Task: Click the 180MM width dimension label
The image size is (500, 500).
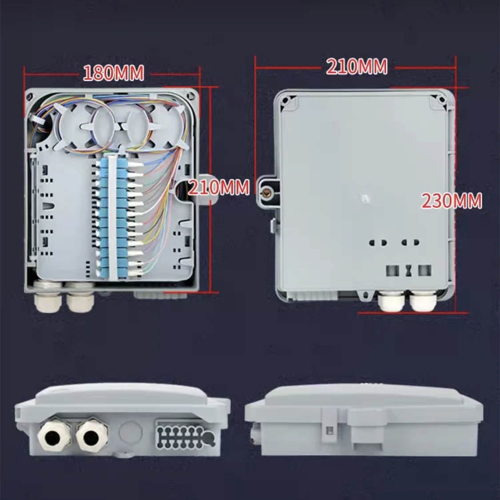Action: pos(113,73)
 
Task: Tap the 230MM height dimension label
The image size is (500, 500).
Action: pos(452,201)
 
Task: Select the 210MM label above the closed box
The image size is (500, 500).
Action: pos(357,67)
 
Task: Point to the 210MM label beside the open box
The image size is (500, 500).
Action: pos(218,187)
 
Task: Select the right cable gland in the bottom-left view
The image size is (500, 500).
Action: pos(92,434)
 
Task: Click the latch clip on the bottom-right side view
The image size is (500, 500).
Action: pos(329,425)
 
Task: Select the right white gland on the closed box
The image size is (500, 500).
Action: pos(423,302)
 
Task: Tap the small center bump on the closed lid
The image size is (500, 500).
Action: pos(365,198)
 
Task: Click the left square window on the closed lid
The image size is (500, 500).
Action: pos(392,270)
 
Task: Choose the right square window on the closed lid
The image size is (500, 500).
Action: pos(424,270)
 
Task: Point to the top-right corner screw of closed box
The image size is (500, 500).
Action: pos(442,99)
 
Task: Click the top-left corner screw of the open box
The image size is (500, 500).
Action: pos(31,96)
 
